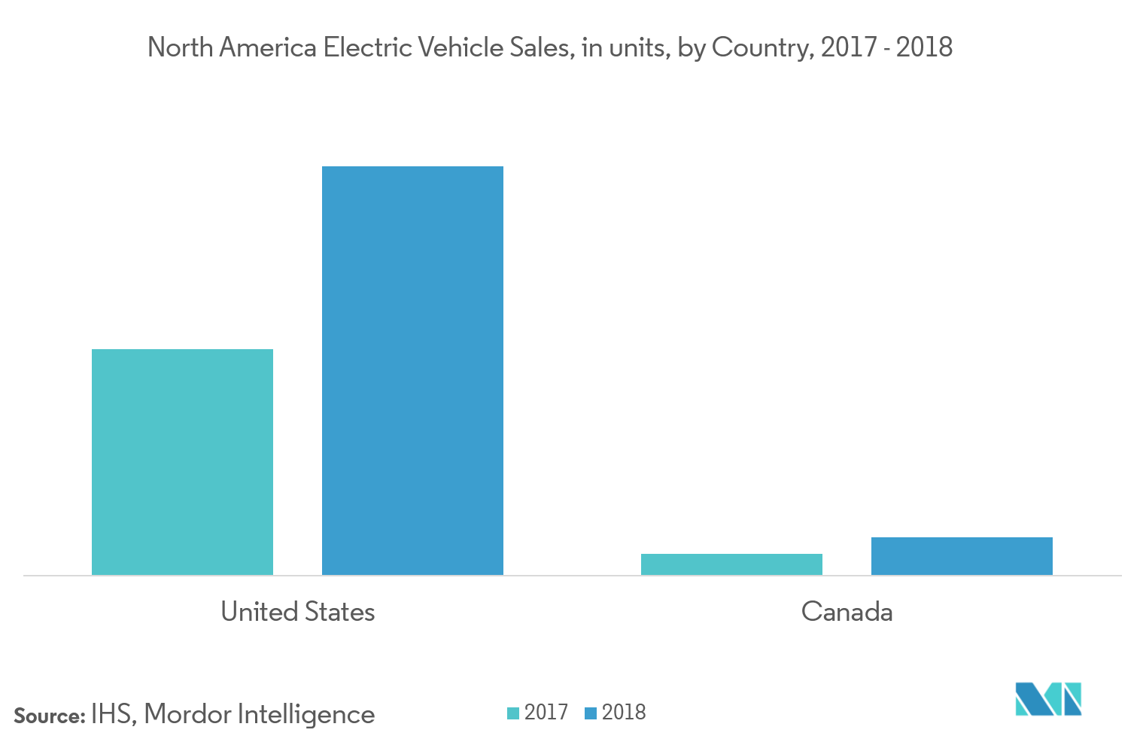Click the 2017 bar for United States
coord(182,461)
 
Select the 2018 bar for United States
coord(412,370)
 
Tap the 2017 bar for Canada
coord(731,564)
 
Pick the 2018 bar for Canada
coord(962,556)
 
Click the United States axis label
coord(298,611)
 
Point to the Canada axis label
coord(847,611)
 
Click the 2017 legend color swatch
coord(513,713)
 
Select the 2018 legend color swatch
coord(591,713)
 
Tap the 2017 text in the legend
coord(546,712)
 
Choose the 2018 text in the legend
coord(624,712)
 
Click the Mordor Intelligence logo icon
coord(1048,698)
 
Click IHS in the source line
coord(112,714)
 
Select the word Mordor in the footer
coord(186,714)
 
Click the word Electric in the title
coord(367,47)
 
